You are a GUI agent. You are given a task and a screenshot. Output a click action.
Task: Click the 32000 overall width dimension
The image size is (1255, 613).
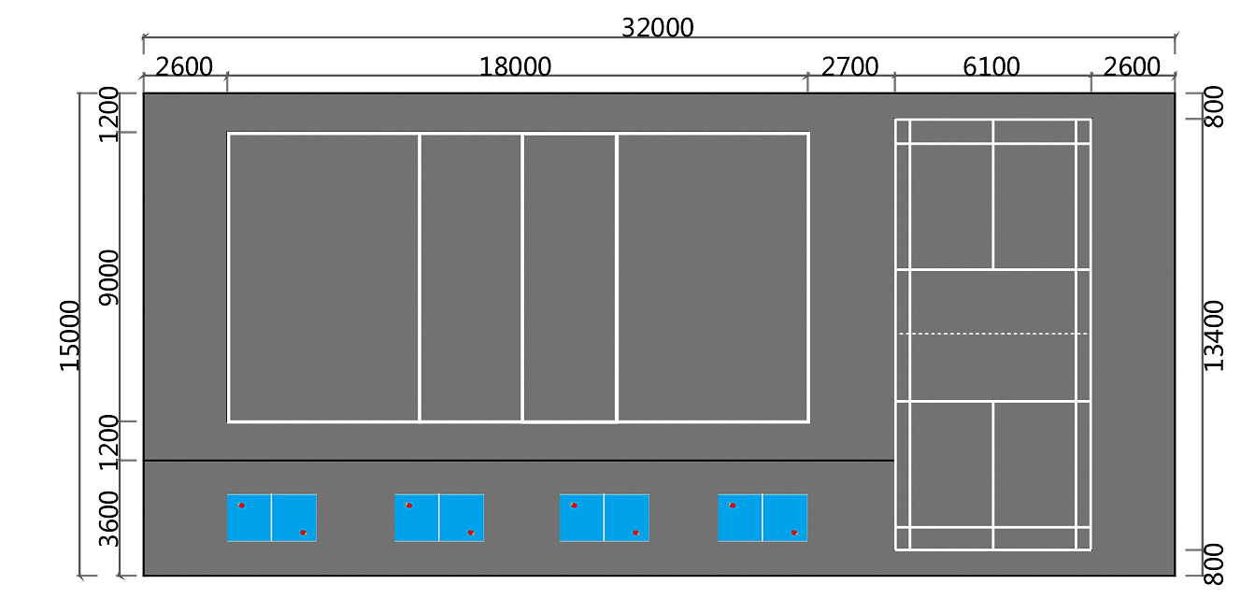coord(657,27)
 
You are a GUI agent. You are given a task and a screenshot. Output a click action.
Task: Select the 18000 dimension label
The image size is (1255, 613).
coord(515,66)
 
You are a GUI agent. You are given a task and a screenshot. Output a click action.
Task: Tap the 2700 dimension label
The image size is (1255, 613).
coord(849,66)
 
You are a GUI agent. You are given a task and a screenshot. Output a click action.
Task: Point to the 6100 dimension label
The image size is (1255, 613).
coord(991,66)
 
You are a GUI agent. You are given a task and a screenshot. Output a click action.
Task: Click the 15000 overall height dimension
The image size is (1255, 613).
coord(70,335)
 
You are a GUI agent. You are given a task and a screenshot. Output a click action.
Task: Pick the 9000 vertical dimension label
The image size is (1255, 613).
coord(108,278)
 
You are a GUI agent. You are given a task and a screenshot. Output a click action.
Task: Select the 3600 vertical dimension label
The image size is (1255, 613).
coord(108,519)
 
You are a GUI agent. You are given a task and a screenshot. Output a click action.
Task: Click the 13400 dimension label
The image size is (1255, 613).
coord(1214,335)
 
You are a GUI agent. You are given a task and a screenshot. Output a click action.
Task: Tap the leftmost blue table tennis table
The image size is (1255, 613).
coord(272,518)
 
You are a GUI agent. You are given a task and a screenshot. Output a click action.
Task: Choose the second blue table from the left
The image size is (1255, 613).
coord(439,518)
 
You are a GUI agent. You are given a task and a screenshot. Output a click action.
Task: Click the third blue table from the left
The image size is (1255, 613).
coord(605,518)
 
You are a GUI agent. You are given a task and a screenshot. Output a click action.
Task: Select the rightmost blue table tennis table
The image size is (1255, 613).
coord(763,518)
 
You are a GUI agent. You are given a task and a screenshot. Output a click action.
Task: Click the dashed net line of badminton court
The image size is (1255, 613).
coord(992,334)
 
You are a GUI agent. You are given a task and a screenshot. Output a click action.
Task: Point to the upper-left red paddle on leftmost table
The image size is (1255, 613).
coord(241,505)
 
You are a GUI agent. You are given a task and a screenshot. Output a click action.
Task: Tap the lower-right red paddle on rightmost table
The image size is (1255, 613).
coord(794,533)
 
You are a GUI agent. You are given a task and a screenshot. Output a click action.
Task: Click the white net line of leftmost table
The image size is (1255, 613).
coord(271,518)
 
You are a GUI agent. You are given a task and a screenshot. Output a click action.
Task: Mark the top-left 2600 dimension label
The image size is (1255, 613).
coord(184,66)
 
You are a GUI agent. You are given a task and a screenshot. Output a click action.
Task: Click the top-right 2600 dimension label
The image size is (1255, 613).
coord(1131,66)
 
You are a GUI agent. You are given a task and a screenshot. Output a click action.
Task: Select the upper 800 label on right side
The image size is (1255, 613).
coord(1214,107)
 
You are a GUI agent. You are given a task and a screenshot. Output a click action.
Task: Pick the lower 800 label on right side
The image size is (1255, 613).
coord(1214,564)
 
